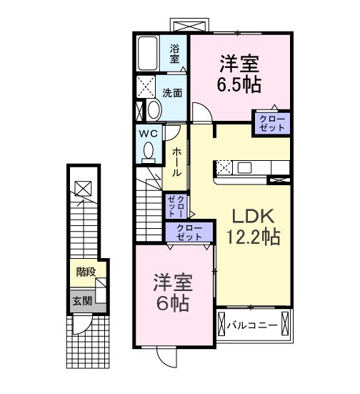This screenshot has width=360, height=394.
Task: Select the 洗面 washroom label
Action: (171, 92)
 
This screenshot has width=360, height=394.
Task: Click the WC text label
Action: (148, 133)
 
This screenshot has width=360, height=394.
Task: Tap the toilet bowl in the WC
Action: (148, 151)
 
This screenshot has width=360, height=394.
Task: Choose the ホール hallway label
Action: (176, 162)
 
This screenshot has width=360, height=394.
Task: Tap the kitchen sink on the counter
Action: (245, 169)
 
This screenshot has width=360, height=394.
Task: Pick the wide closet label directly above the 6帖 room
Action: (188, 231)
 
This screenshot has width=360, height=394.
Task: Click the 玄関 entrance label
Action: (81, 301)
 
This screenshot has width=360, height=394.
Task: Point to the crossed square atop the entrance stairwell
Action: (82, 188)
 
